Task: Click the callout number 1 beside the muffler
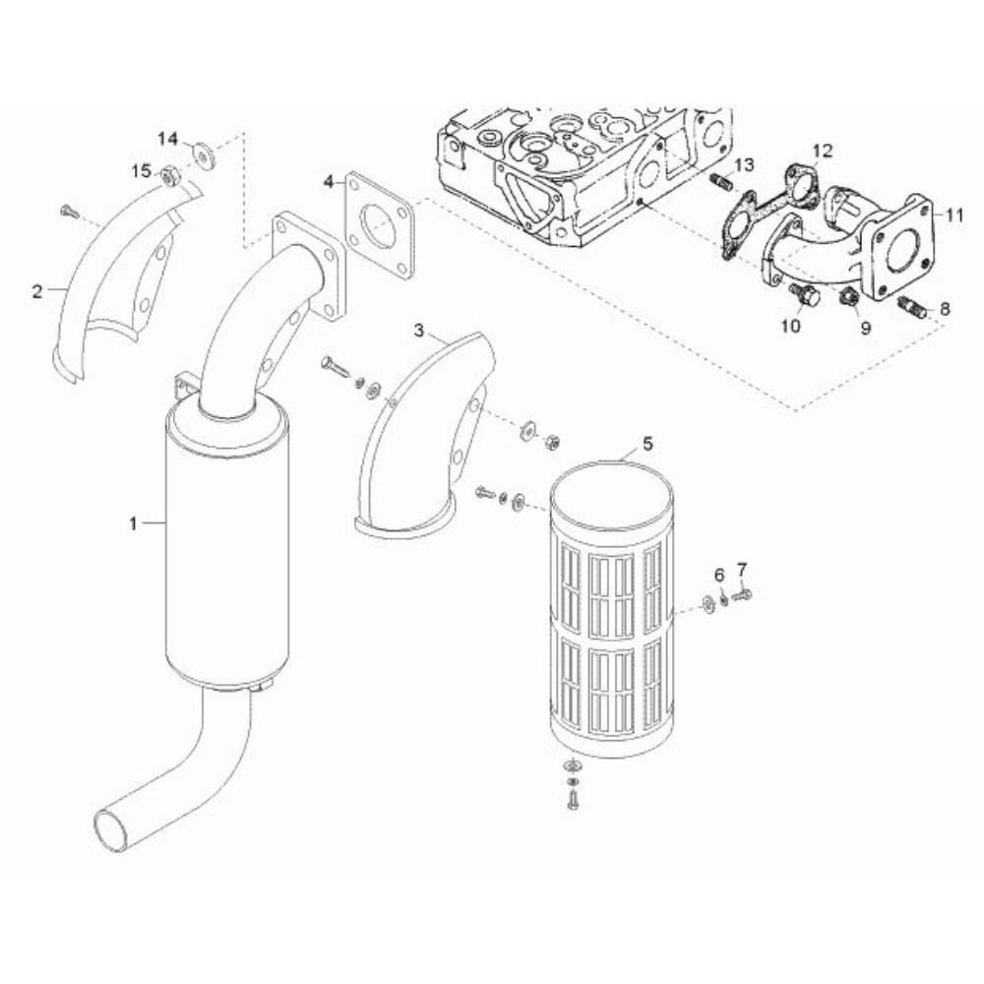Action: [x=133, y=523]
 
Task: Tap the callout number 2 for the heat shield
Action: [x=37, y=291]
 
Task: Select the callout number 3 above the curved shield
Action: [x=419, y=330]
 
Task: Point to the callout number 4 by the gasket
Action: [x=329, y=183]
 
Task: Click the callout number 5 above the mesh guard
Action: [x=647, y=444]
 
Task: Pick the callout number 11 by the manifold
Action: [x=954, y=215]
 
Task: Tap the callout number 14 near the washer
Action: [x=167, y=139]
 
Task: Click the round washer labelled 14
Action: [x=202, y=154]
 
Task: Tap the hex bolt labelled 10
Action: [x=799, y=294]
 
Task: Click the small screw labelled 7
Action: [x=742, y=592]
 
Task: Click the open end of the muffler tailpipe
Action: [x=112, y=831]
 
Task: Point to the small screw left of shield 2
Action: [x=69, y=213]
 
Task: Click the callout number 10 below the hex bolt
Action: [x=791, y=327]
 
